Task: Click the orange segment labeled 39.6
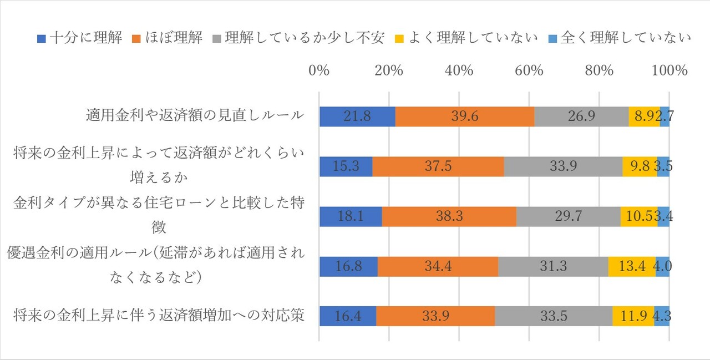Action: tap(464, 116)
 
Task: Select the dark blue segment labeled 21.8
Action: tap(357, 116)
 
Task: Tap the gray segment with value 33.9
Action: tap(563, 166)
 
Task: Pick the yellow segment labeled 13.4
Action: tap(632, 266)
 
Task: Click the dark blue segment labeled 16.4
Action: tap(348, 316)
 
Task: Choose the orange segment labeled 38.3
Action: tap(449, 216)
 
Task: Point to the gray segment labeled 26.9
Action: tap(581, 116)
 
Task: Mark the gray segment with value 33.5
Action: tap(554, 316)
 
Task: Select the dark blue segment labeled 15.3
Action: tap(346, 166)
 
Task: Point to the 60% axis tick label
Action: tap(529, 71)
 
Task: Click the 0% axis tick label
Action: tap(319, 71)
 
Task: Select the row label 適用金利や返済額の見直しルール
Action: tap(195, 115)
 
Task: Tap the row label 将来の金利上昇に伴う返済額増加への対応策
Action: tap(159, 316)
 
